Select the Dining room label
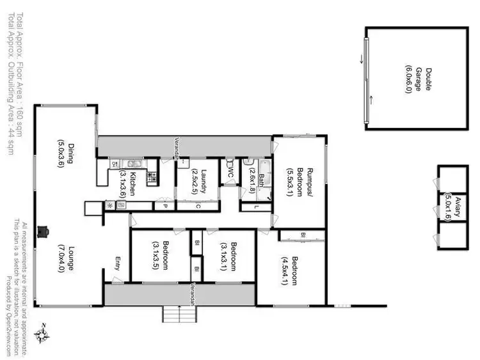(x=68, y=153)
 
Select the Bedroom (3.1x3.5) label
(x=161, y=255)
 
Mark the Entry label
(x=118, y=263)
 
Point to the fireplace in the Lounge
(x=44, y=231)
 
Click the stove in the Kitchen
(x=152, y=178)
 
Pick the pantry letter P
(x=164, y=206)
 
